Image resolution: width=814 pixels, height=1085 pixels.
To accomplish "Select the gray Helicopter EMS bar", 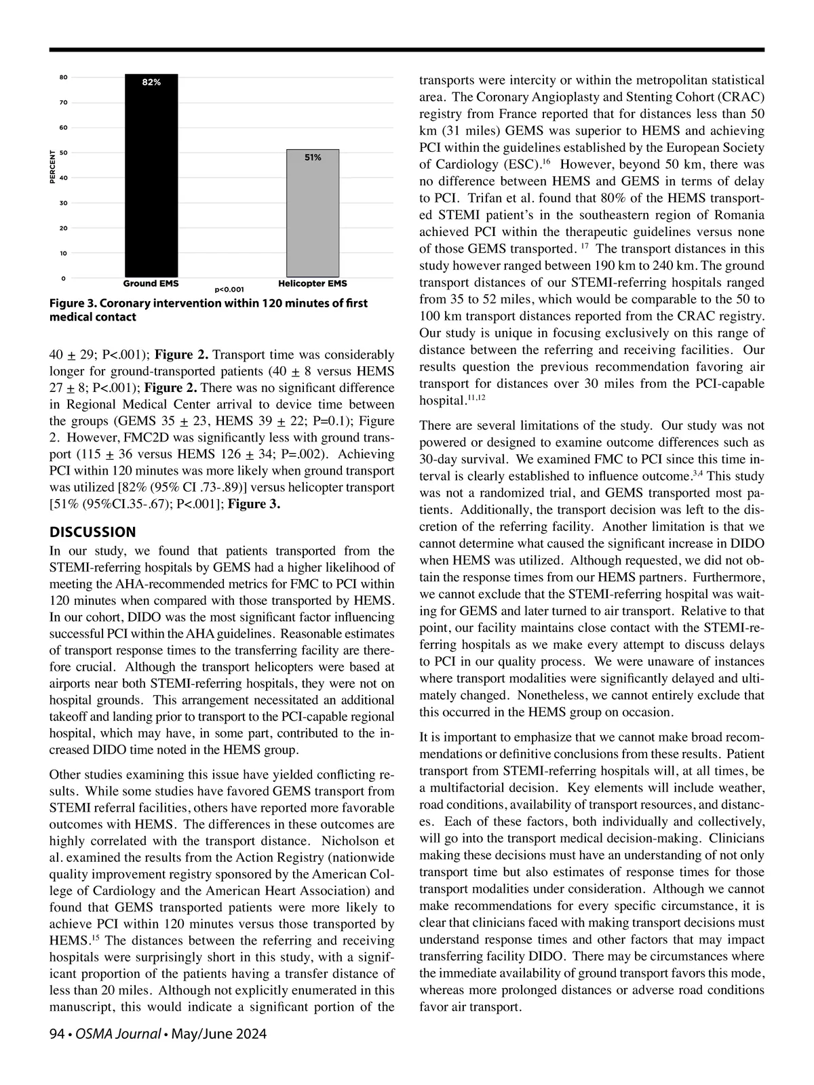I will [x=313, y=213].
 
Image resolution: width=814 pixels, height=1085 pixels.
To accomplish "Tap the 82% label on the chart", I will [x=151, y=82].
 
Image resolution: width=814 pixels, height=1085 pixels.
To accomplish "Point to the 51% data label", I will [x=313, y=157].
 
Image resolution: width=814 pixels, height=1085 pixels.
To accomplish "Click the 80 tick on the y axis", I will [x=62, y=77].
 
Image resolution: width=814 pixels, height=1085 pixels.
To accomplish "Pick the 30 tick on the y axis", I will [x=62, y=203].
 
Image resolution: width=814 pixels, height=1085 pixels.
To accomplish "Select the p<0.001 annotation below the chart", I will [x=229, y=290].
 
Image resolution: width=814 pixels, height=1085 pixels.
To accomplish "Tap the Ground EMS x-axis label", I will [x=151, y=283].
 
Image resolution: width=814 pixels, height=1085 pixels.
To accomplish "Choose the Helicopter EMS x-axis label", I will [x=313, y=283].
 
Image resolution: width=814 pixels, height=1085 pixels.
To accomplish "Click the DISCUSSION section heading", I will [x=93, y=532].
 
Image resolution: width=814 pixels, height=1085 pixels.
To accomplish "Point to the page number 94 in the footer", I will [x=57, y=1034].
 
